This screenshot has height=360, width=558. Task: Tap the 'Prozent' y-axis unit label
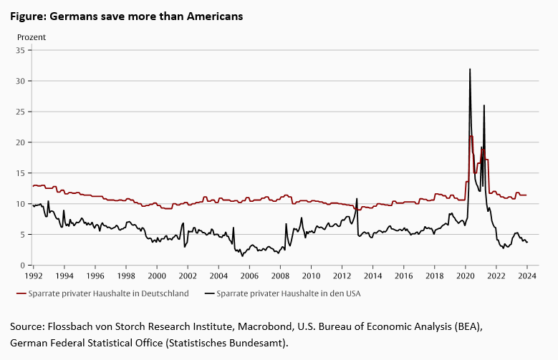32,37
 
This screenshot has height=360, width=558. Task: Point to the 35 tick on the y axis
21,50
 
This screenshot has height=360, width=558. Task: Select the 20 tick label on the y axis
21,142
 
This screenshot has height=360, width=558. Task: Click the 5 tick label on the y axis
23,235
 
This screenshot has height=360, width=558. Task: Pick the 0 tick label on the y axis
23,266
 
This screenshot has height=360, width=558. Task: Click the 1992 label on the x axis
33,276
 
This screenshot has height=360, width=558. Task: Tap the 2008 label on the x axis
279,276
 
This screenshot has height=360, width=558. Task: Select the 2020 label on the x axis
465,276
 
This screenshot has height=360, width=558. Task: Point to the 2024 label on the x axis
526,276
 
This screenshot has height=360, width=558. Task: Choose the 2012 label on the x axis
342,276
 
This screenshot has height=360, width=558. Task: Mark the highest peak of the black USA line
470,69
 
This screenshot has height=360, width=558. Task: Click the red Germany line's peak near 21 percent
471,136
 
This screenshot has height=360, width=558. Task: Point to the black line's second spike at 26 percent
484,106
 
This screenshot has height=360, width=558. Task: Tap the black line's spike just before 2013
357,199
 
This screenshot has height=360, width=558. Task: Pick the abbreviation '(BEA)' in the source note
469,326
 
